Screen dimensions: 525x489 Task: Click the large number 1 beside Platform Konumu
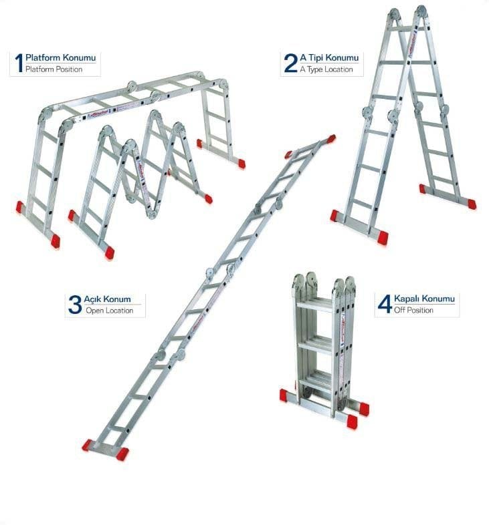click(19, 63)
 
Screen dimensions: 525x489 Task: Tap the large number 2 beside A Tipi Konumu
click(290, 63)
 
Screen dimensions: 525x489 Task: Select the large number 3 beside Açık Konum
click(74, 305)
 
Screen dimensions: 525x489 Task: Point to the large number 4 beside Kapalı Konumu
click(384, 305)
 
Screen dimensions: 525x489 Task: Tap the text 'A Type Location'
click(326, 69)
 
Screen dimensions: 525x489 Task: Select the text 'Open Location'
click(109, 311)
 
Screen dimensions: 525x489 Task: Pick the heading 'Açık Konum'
click(107, 299)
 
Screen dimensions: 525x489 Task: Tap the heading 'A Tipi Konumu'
click(329, 57)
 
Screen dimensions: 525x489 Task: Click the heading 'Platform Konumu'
click(60, 57)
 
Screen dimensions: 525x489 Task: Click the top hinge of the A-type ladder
click(407, 13)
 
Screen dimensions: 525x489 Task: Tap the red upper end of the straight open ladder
click(330, 139)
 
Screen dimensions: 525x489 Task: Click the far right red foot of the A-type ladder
click(471, 204)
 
